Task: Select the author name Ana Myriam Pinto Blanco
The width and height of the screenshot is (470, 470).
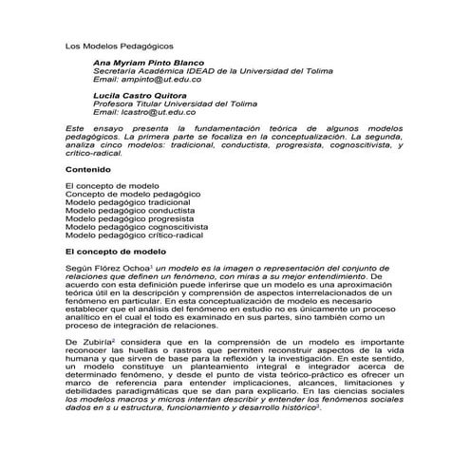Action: (154, 62)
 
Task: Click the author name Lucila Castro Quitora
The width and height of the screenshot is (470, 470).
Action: (147, 96)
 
